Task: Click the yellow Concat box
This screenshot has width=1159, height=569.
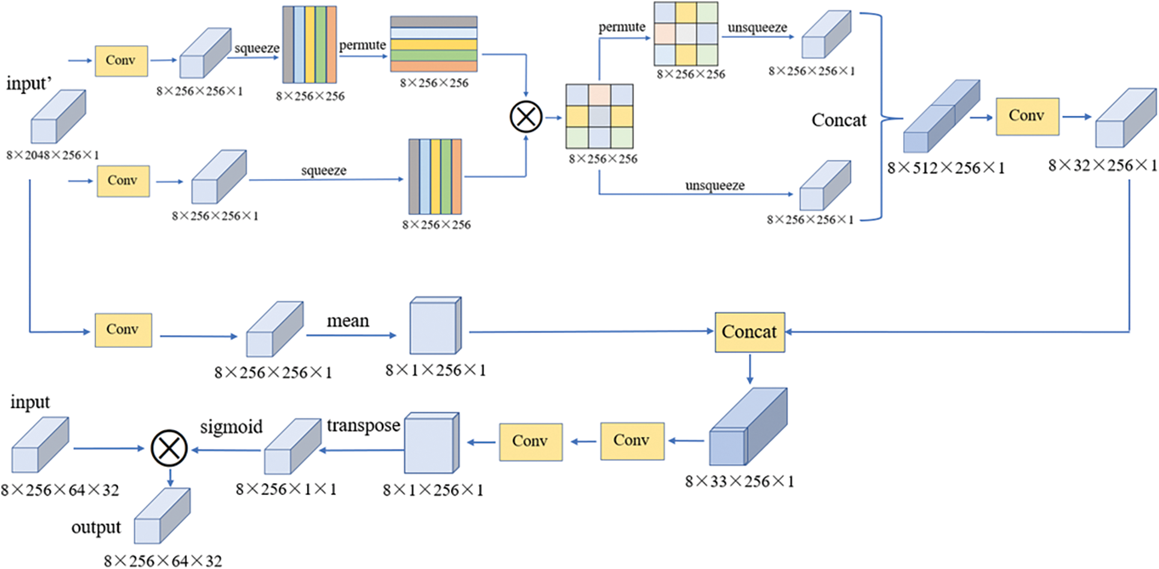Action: coord(749,332)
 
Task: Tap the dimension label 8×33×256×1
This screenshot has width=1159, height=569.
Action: coord(739,481)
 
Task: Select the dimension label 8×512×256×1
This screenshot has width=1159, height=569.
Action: coord(946,168)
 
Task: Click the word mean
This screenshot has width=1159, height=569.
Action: coord(348,321)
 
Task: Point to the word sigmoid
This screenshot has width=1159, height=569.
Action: coord(231,427)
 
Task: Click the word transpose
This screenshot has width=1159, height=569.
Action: coord(363,425)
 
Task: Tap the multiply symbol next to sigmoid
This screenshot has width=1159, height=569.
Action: coord(169,448)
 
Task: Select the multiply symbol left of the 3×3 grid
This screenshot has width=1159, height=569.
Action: coord(526,117)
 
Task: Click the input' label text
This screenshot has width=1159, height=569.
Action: coord(29,84)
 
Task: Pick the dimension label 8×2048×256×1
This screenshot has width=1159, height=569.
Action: coord(52,155)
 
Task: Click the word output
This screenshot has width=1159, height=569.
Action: coord(96,528)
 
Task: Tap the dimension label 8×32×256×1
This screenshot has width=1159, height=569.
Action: coord(1102,165)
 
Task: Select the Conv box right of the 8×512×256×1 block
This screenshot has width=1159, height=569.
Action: coord(1027,116)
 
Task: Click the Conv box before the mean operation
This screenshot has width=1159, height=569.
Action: coord(123,330)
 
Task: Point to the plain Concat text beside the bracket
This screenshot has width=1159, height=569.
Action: coord(838,120)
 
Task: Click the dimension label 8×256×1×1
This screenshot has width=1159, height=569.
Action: coord(286,489)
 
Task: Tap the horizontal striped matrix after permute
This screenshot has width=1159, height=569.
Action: coord(434,44)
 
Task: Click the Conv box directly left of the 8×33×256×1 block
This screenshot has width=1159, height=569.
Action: coord(632,441)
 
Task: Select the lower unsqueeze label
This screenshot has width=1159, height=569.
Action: coord(715,186)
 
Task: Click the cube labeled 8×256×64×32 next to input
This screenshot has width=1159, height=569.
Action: coord(40,446)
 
